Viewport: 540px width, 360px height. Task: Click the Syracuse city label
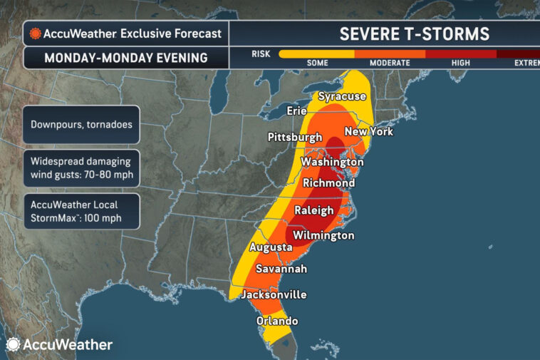click(342, 96)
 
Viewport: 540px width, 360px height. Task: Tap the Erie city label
click(296, 111)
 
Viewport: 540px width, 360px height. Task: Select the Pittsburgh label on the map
click(295, 137)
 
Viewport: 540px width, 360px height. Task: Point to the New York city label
click(368, 132)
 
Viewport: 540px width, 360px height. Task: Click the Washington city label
click(328, 162)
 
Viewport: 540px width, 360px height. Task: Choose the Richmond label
click(328, 183)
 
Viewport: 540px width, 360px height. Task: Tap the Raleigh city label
click(314, 210)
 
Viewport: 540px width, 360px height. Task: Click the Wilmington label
click(323, 235)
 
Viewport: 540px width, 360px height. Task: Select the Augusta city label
click(271, 247)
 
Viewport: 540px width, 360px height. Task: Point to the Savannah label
click(281, 269)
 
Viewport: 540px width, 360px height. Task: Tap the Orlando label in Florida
click(277, 321)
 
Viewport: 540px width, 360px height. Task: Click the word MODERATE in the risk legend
click(390, 63)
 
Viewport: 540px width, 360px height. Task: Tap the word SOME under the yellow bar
click(317, 63)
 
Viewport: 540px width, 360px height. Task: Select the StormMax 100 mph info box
click(81, 210)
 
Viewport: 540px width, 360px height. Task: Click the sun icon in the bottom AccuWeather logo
click(13, 344)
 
